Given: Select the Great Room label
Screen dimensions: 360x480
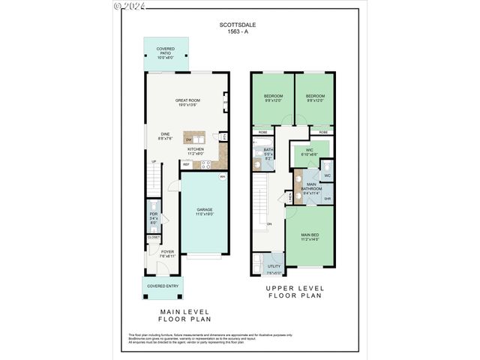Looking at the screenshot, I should point(187,102).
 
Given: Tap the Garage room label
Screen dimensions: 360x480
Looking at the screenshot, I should point(205,211).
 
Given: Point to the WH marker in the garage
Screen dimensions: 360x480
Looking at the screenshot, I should point(222,177).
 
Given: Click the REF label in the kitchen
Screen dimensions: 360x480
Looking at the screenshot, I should point(186,163).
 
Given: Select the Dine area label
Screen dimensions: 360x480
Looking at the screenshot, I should point(166,136).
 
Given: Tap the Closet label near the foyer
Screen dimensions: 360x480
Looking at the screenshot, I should point(154,237).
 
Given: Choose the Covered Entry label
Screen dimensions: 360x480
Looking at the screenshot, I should point(162,286).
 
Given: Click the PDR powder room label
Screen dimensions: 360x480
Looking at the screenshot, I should point(153,220).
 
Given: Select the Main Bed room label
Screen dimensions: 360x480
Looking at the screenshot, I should point(309,237).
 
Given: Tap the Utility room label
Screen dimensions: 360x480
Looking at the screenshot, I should point(274,267).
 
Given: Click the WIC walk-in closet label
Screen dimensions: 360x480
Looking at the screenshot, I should point(309,151).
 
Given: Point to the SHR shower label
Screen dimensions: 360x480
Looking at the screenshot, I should point(328,199).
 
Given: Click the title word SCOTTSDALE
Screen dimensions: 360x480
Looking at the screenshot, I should point(236,25).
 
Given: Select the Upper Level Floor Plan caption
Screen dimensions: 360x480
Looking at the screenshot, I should point(294,292).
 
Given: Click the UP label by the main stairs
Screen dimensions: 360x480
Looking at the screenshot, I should point(154,161).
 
